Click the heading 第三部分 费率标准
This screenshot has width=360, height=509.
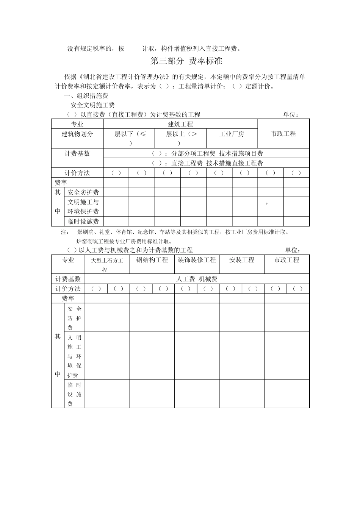click(186, 61)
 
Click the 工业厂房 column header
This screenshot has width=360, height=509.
click(232, 134)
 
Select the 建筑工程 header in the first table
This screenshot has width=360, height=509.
click(180, 124)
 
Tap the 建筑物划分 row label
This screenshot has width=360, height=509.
click(77, 134)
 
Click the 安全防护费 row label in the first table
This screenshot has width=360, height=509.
click(83, 192)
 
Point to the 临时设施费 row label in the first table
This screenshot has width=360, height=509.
click(83, 222)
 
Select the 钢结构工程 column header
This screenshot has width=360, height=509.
click(152, 260)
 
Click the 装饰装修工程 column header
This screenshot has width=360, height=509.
click(197, 260)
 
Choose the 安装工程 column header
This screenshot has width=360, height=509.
click(242, 260)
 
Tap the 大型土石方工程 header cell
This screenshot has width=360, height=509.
click(107, 265)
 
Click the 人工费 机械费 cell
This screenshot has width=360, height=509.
click(197, 279)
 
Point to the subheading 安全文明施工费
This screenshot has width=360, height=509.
click(92, 105)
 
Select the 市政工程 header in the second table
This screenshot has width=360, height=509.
click(286, 260)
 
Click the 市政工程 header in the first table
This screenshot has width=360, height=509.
click(283, 134)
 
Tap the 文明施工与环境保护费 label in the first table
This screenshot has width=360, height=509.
click(83, 207)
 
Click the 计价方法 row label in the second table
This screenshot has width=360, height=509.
click(68, 289)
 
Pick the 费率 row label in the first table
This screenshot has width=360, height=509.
click(61, 183)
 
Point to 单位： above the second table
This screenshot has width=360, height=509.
click(293, 250)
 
